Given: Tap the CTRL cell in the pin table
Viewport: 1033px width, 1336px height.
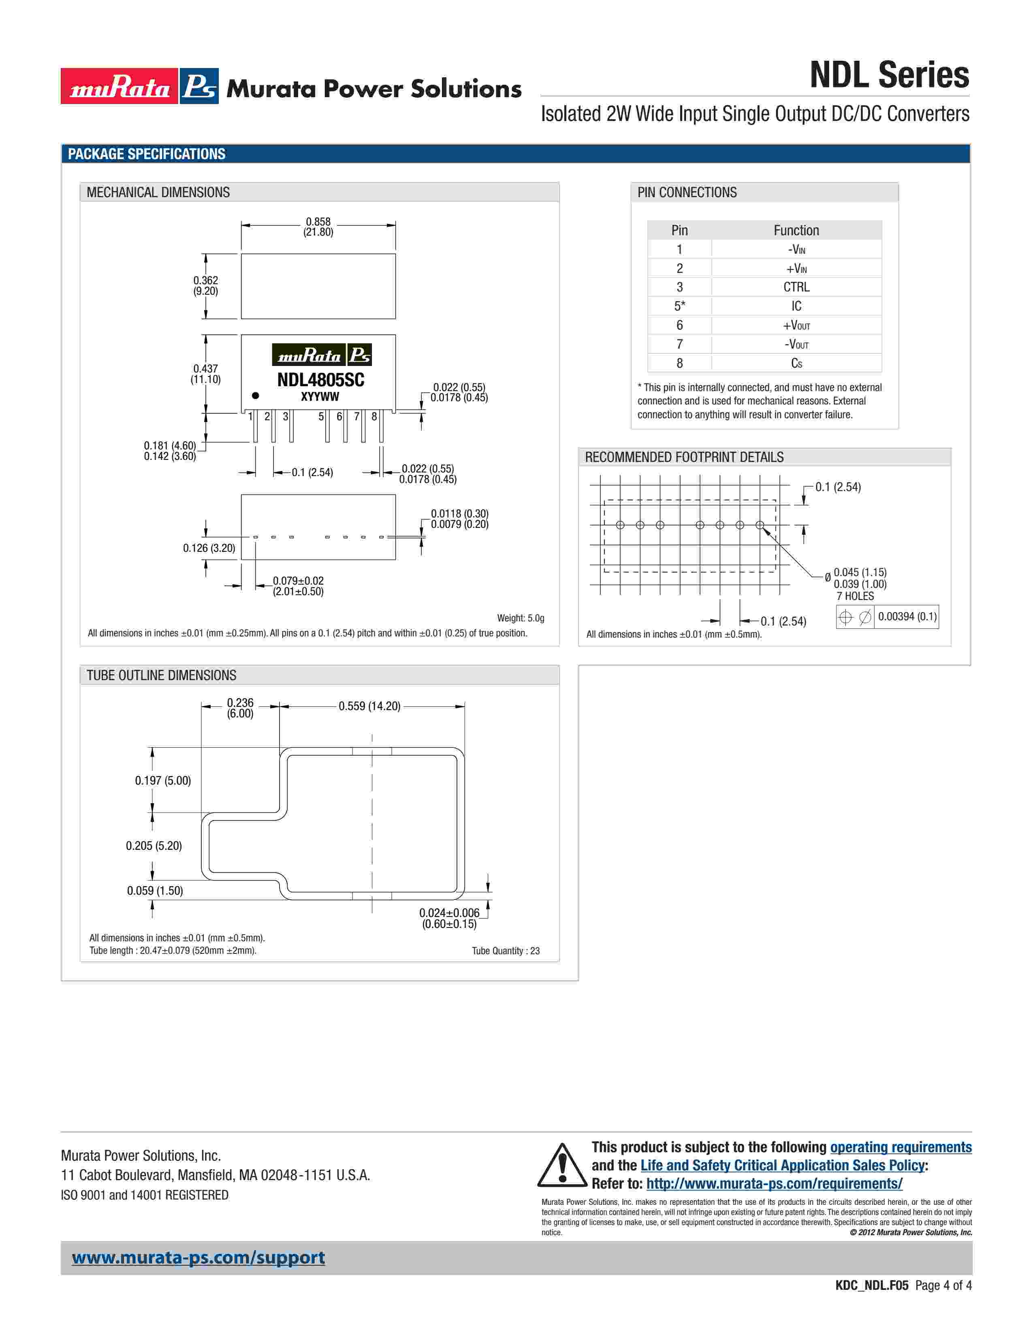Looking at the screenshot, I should [x=796, y=287].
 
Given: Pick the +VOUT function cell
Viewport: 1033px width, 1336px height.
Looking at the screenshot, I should [x=796, y=325].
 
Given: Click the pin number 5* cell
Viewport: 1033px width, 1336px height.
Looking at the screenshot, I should [x=679, y=306].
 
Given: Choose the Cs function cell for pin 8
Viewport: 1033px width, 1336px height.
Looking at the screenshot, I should [x=796, y=364].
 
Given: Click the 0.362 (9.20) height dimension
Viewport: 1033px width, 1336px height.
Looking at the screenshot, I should [x=206, y=286].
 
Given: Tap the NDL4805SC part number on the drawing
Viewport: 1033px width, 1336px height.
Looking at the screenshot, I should [x=320, y=380].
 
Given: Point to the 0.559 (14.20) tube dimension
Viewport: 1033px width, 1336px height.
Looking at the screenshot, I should [x=369, y=706].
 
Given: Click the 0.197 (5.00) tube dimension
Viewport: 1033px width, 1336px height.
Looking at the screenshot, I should [x=163, y=781].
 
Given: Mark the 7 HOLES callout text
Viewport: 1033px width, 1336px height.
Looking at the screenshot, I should [x=855, y=596].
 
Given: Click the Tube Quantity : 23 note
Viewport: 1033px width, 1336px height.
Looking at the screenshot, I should [x=506, y=951].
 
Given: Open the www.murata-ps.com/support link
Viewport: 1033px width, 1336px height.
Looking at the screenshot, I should [x=198, y=1258].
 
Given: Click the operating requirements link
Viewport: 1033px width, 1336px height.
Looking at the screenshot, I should [x=900, y=1147].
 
